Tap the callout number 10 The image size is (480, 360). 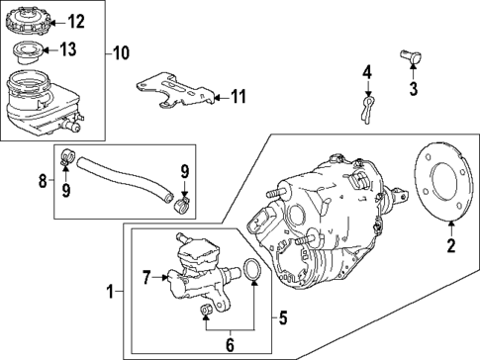122,51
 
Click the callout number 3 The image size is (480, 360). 414,89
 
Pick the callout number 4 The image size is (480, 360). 366,71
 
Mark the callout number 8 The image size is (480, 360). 43,180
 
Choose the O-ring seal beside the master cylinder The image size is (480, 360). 253,271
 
